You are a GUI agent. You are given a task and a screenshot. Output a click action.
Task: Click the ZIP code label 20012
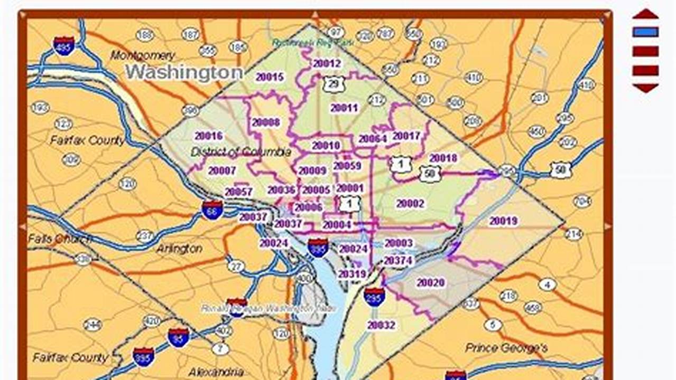[x=327, y=64]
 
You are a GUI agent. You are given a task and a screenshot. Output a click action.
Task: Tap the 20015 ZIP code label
[x=270, y=77]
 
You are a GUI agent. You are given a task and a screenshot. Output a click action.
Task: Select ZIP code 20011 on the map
[x=344, y=108]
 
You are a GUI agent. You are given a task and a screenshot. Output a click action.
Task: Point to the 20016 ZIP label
[x=208, y=136]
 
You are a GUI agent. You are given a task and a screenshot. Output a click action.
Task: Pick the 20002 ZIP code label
[x=410, y=204]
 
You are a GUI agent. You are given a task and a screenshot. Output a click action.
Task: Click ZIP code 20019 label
[x=503, y=221]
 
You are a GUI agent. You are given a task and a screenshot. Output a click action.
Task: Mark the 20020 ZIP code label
[x=430, y=283]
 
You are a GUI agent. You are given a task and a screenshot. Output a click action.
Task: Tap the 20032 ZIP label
[x=381, y=325]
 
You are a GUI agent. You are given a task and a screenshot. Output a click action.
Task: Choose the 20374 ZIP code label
[x=398, y=260]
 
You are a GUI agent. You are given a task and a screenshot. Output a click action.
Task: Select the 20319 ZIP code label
[x=352, y=274]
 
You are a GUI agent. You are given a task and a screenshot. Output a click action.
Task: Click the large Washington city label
[x=184, y=72]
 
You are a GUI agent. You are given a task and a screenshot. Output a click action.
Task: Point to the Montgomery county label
[x=143, y=55]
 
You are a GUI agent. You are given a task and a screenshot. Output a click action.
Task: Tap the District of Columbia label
[x=240, y=152]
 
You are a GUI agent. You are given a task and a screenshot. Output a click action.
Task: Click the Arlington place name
[x=179, y=249]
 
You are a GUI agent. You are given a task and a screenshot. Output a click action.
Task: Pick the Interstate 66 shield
[x=212, y=210]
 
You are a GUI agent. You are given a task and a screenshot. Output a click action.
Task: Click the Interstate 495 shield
[x=63, y=46]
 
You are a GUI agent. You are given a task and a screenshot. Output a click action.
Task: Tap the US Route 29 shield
[x=334, y=84]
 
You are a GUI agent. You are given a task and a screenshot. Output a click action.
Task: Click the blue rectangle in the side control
[x=645, y=32]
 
